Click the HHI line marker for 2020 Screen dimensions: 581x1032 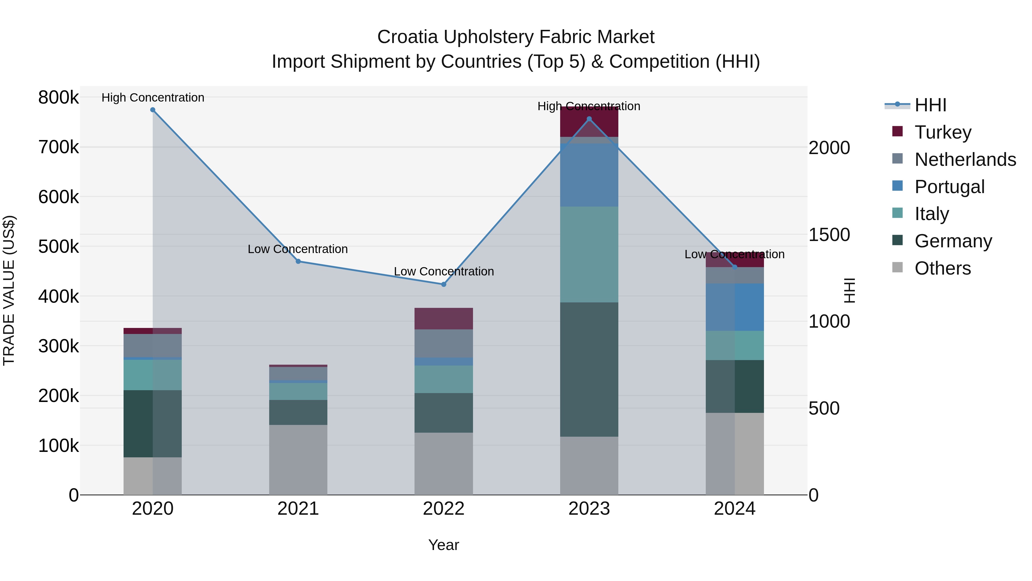153,110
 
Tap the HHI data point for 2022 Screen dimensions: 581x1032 443,284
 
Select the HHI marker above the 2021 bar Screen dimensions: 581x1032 298,261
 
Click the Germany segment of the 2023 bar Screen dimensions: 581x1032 589,369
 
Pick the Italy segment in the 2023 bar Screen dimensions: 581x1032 589,254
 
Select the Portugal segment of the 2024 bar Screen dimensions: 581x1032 734,307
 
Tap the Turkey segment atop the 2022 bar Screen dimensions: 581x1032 443,318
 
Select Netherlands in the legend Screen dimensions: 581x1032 965,160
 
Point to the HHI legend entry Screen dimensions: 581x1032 930,105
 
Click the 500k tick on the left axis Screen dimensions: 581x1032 58,246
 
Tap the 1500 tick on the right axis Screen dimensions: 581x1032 829,235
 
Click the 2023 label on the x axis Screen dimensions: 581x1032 589,509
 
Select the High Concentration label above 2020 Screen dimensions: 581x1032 153,98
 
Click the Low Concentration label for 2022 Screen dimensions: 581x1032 443,271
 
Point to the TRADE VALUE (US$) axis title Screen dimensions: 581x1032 9,290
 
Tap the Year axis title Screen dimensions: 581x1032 443,545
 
